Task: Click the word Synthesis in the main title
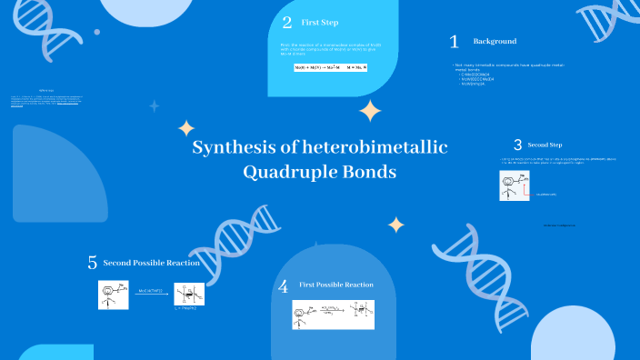tap(228, 149)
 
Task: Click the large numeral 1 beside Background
tap(455, 42)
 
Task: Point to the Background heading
tap(495, 42)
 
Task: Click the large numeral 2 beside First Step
tap(287, 23)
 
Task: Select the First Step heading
tap(319, 23)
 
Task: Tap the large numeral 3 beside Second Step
tap(517, 145)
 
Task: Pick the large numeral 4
tap(284, 286)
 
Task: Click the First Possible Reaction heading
tap(336, 285)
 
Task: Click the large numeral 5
tap(92, 264)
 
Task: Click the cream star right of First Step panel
tap(370, 111)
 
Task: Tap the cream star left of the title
tap(186, 128)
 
